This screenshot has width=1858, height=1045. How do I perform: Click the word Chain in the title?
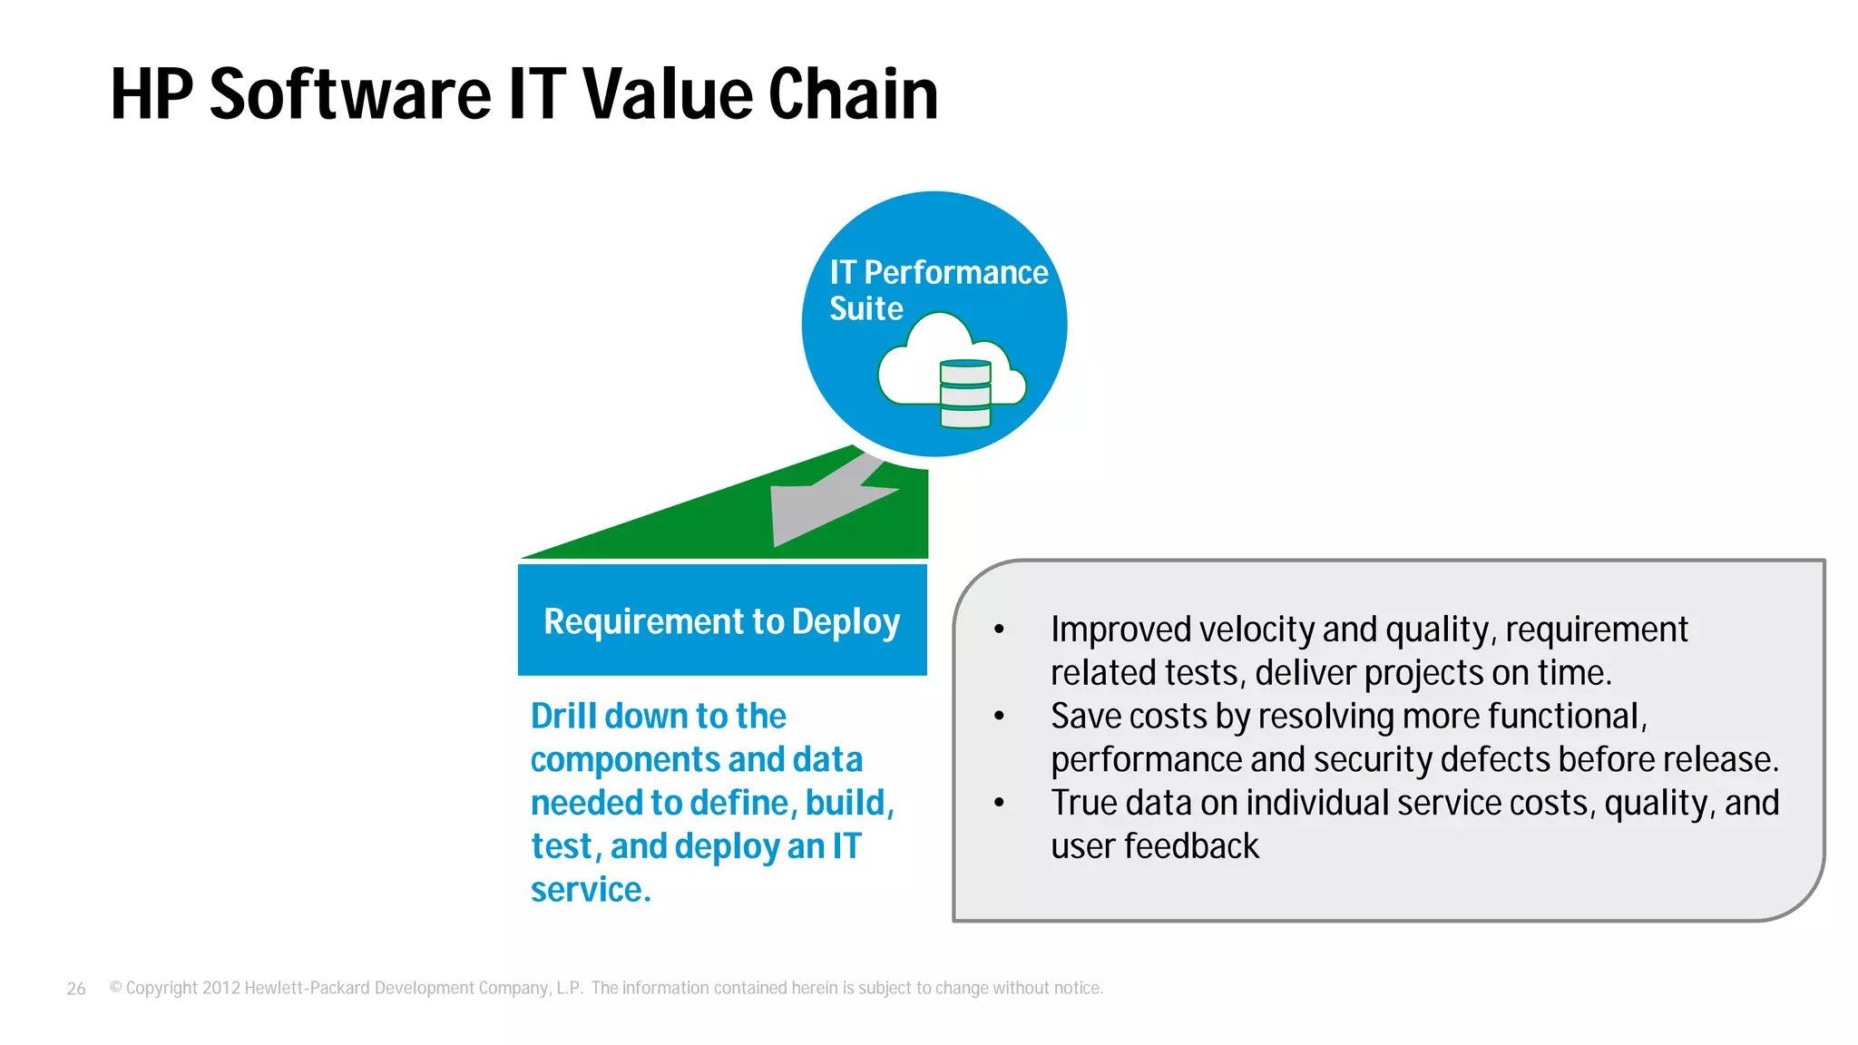click(x=853, y=94)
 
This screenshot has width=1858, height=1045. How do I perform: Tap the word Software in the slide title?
click(x=350, y=94)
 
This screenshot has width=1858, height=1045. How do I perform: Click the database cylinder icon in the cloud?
click(x=965, y=394)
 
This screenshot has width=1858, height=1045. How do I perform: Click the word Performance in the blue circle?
click(x=955, y=273)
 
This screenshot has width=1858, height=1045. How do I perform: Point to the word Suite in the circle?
click(x=866, y=309)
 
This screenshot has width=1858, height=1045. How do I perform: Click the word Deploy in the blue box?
click(x=846, y=622)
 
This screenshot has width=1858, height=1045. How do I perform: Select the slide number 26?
click(x=76, y=989)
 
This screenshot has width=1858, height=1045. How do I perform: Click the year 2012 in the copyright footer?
click(x=220, y=988)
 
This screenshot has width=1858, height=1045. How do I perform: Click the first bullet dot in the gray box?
click(x=999, y=630)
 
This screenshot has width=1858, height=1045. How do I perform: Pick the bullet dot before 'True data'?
click(x=999, y=803)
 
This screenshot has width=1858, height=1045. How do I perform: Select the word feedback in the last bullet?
click(x=1191, y=847)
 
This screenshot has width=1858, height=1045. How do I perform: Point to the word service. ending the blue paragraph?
click(x=591, y=891)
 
